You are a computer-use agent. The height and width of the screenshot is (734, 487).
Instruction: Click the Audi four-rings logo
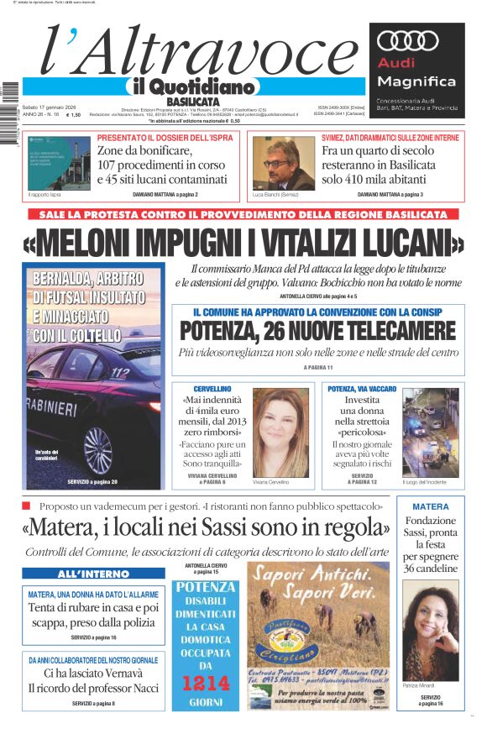pyautogui.click(x=409, y=40)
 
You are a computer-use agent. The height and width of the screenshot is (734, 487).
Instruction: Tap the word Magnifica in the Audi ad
pyautogui.click(x=416, y=81)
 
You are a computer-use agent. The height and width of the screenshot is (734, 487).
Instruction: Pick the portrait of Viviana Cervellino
pyautogui.click(x=280, y=433)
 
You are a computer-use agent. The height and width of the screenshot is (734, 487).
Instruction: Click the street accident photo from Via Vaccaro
pyautogui.click(x=430, y=432)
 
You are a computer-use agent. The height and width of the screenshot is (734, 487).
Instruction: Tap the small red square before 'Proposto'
pyautogui.click(x=26, y=506)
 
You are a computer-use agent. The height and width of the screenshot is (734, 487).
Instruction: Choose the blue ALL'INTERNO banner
pyautogui.click(x=93, y=574)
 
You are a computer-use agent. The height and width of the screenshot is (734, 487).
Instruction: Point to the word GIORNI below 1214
pyautogui.click(x=206, y=700)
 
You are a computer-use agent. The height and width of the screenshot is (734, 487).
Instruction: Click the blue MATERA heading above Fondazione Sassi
pyautogui.click(x=430, y=506)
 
